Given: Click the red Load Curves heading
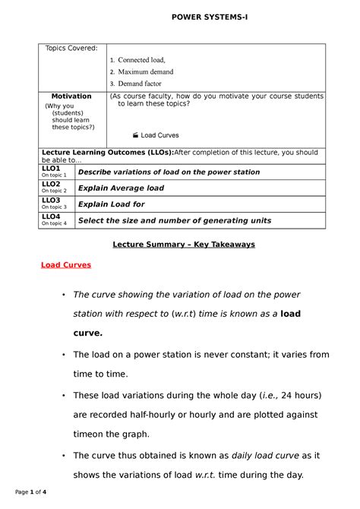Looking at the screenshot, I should [x=65, y=265].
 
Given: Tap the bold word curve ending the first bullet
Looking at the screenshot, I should [x=87, y=333].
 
